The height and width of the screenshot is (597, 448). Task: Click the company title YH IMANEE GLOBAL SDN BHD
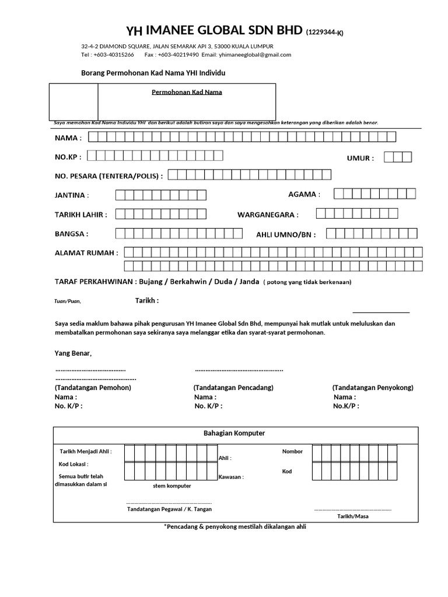pyautogui.click(x=215, y=31)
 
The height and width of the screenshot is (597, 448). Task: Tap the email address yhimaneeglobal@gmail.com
pyautogui.click(x=254, y=55)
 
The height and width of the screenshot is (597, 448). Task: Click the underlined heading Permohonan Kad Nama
pyautogui.click(x=187, y=92)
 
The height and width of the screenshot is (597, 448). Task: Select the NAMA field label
pyautogui.click(x=68, y=138)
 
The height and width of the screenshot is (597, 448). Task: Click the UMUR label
pyautogui.click(x=360, y=158)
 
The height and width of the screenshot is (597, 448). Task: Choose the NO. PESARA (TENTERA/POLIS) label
pyautogui.click(x=108, y=175)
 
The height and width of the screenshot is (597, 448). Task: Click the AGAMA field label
pyautogui.click(x=304, y=195)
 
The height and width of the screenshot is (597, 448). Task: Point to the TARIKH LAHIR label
pyautogui.click(x=81, y=215)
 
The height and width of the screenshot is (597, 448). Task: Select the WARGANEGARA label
pyautogui.click(x=268, y=215)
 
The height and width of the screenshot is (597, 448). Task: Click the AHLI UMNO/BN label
pyautogui.click(x=286, y=235)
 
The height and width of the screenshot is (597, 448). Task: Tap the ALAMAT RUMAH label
pyautogui.click(x=86, y=253)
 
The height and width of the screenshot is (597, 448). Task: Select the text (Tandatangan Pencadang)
pyautogui.click(x=233, y=388)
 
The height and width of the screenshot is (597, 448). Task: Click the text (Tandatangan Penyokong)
pyautogui.click(x=373, y=388)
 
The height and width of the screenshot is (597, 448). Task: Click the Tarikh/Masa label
pyautogui.click(x=352, y=516)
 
